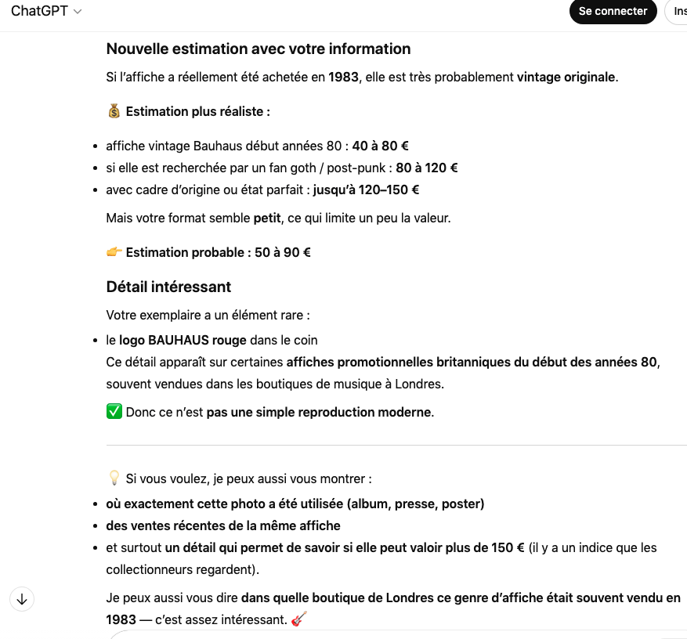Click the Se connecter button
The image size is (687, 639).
tap(613, 12)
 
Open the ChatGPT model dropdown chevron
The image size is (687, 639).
tap(78, 12)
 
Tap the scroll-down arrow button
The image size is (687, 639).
tap(22, 600)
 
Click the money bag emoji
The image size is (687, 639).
tap(114, 111)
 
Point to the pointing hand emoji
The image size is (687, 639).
tap(114, 252)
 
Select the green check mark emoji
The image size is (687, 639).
tap(114, 412)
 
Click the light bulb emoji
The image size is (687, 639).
tap(114, 478)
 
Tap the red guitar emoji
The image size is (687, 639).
tap(298, 619)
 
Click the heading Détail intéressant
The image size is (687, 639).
tap(168, 287)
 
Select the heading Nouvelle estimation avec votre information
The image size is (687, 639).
tap(259, 49)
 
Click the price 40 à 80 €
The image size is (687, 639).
tap(381, 146)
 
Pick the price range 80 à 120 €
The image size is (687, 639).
tap(427, 168)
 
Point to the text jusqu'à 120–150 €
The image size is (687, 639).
tap(366, 190)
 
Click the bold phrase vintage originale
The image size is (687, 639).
tap(566, 77)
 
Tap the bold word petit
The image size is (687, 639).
tap(267, 218)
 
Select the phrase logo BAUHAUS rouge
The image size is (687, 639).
tap(183, 340)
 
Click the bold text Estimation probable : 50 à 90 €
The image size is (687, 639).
tap(218, 252)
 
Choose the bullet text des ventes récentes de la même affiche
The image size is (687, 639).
tap(223, 525)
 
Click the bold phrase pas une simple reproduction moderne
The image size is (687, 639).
tap(319, 412)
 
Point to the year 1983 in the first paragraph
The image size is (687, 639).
tap(344, 77)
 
